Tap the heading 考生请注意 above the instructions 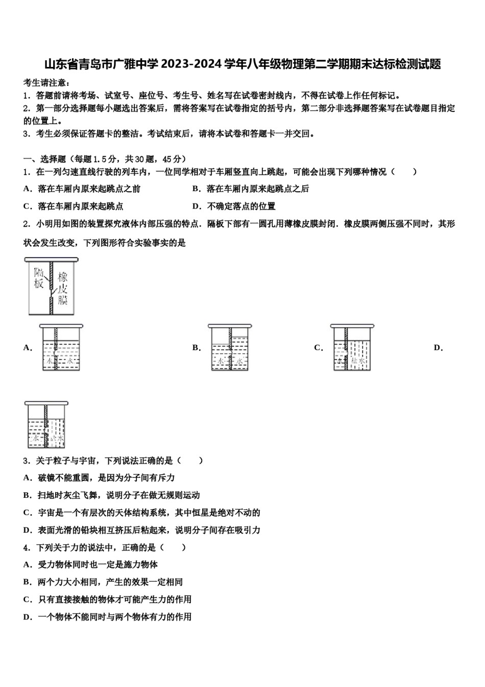[x=46, y=83]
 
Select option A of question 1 [x=82, y=189]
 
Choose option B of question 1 [x=251, y=189]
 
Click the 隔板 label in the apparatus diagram [x=39, y=277]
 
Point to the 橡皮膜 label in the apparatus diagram [x=63, y=288]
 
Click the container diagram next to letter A [x=61, y=348]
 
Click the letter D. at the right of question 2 [x=438, y=348]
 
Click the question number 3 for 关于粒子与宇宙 [x=26, y=461]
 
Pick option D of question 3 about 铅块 [x=142, y=530]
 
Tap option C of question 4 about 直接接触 [x=107, y=599]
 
